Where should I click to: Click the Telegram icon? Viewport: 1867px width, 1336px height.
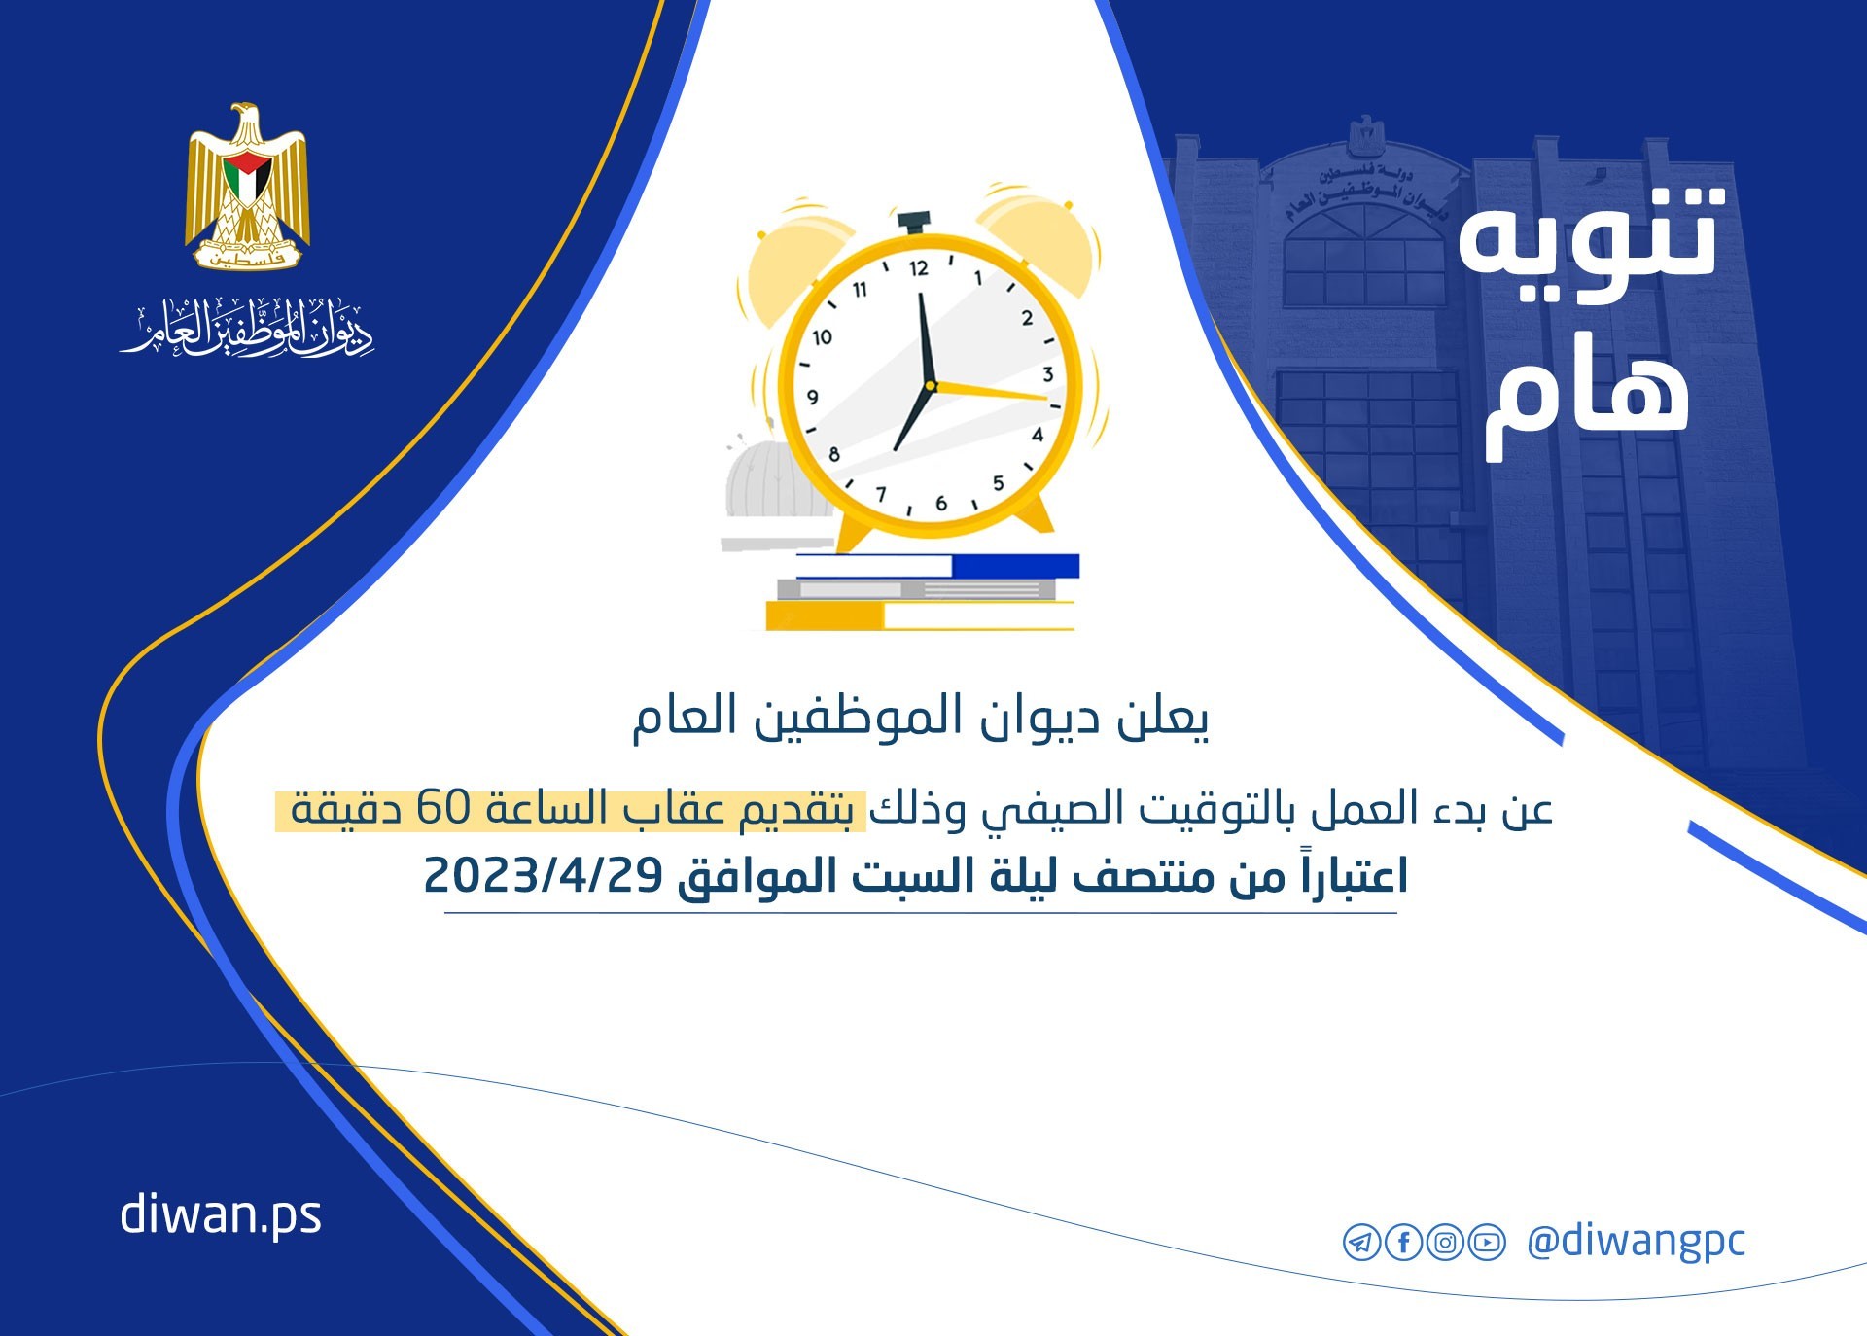[1361, 1243]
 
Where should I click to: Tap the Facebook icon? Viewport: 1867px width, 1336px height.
[1403, 1243]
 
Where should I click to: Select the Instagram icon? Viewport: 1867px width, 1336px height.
[1445, 1243]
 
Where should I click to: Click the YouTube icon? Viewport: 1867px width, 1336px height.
[1487, 1243]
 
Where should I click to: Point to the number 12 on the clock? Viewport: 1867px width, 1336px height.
[918, 268]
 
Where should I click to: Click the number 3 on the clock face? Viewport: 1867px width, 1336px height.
[1047, 374]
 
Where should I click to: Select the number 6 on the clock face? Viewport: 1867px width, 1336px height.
[940, 503]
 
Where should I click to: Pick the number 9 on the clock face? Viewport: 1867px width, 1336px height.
[813, 397]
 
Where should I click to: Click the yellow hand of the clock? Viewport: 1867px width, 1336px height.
[988, 392]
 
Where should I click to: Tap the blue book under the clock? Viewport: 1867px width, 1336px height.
[937, 566]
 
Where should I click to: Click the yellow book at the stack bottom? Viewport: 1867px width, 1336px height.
[919, 615]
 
